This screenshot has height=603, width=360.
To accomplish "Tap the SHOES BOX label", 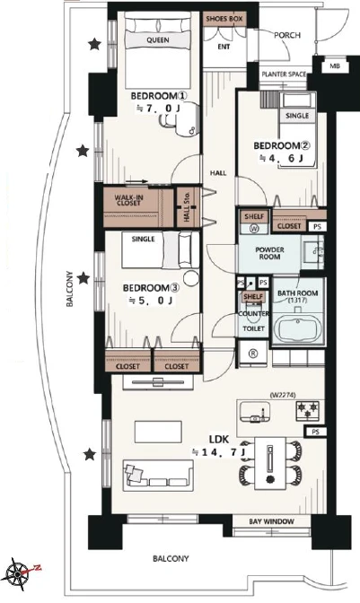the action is coord(224,19).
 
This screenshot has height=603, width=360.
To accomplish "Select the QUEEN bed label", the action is coord(158,40).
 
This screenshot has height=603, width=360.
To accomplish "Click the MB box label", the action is coord(335,66).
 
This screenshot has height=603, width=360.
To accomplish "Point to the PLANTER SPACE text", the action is coord(284,74).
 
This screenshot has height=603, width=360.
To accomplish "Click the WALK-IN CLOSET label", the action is coord(128,200).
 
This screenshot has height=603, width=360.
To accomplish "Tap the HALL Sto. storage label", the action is coord(187,207).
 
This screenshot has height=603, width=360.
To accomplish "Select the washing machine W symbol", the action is coord(254,229).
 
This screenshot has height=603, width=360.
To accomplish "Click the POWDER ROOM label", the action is coord(269,253).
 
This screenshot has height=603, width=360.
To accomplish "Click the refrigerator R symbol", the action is coord(252,354).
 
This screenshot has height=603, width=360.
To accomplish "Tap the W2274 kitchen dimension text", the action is coord(283,395).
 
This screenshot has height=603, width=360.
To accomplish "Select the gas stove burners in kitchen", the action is coord(308,410).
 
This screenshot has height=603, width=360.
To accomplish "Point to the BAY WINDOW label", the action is coord(271,521).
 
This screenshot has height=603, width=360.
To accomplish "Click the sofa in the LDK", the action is coord(158,475).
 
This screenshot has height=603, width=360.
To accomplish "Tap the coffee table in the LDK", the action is coord(158,433).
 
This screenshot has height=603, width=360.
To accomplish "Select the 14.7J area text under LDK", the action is coord(218,452).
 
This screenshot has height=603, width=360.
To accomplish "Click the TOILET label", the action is coord(253,328).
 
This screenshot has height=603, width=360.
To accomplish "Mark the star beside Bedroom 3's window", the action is coord(83,277).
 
